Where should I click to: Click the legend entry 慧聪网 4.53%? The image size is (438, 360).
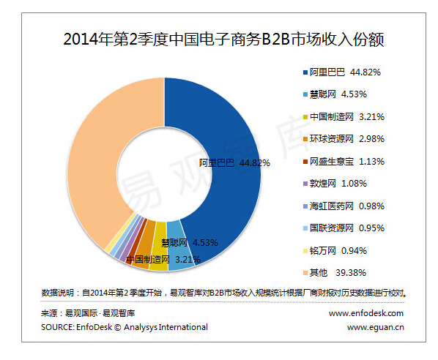338,94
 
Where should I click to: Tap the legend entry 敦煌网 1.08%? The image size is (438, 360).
338,184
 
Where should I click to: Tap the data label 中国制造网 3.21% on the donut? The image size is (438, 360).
163,260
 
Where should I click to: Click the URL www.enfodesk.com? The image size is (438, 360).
366,313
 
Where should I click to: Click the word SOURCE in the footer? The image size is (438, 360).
57,327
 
